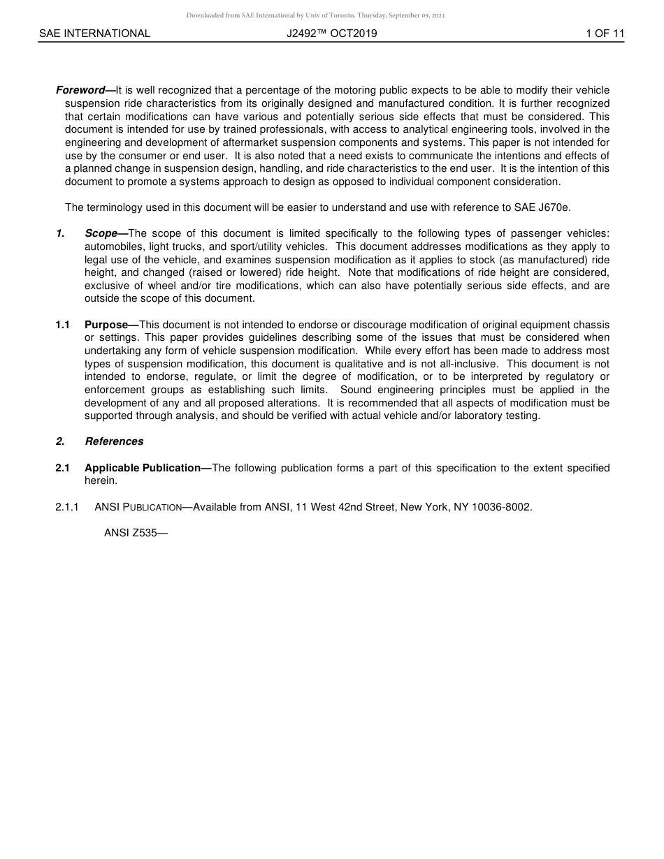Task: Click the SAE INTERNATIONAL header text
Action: coord(94,34)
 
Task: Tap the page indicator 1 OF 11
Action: coord(605,34)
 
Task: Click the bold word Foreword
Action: coord(80,90)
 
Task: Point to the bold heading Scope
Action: coord(101,233)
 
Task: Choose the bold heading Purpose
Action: coord(106,325)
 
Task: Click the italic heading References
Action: coord(114,441)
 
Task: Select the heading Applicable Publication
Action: coord(143,468)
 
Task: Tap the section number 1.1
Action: coord(63,325)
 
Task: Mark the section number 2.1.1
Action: coord(67,507)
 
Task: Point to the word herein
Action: coord(101,481)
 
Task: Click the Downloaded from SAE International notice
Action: coord(315,15)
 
